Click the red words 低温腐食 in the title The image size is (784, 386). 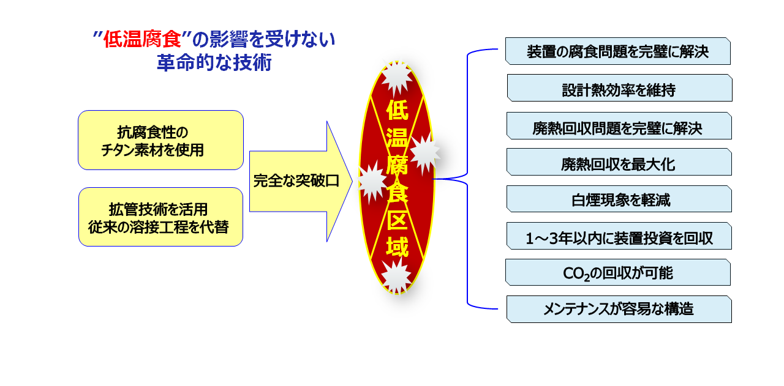142,39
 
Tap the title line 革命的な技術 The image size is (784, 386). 214,63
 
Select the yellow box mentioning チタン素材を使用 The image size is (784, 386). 160,140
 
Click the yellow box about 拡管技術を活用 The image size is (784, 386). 160,217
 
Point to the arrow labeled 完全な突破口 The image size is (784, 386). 301,181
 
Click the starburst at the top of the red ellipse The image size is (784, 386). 396,77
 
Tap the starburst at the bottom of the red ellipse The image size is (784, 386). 396,276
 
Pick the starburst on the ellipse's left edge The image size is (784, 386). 372,182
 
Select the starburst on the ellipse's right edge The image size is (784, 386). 424,152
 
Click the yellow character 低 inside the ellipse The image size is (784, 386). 398,111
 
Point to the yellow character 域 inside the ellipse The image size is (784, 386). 398,247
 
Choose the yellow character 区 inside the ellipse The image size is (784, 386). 398,220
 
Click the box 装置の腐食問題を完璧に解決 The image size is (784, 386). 618,51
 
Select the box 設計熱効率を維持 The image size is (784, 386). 619,87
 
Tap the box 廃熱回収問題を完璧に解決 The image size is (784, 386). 619,126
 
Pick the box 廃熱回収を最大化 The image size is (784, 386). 619,162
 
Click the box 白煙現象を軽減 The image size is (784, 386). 619,199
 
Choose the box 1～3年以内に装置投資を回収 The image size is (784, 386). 619,236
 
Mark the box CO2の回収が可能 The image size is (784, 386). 618,272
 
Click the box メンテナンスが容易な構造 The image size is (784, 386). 619,310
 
